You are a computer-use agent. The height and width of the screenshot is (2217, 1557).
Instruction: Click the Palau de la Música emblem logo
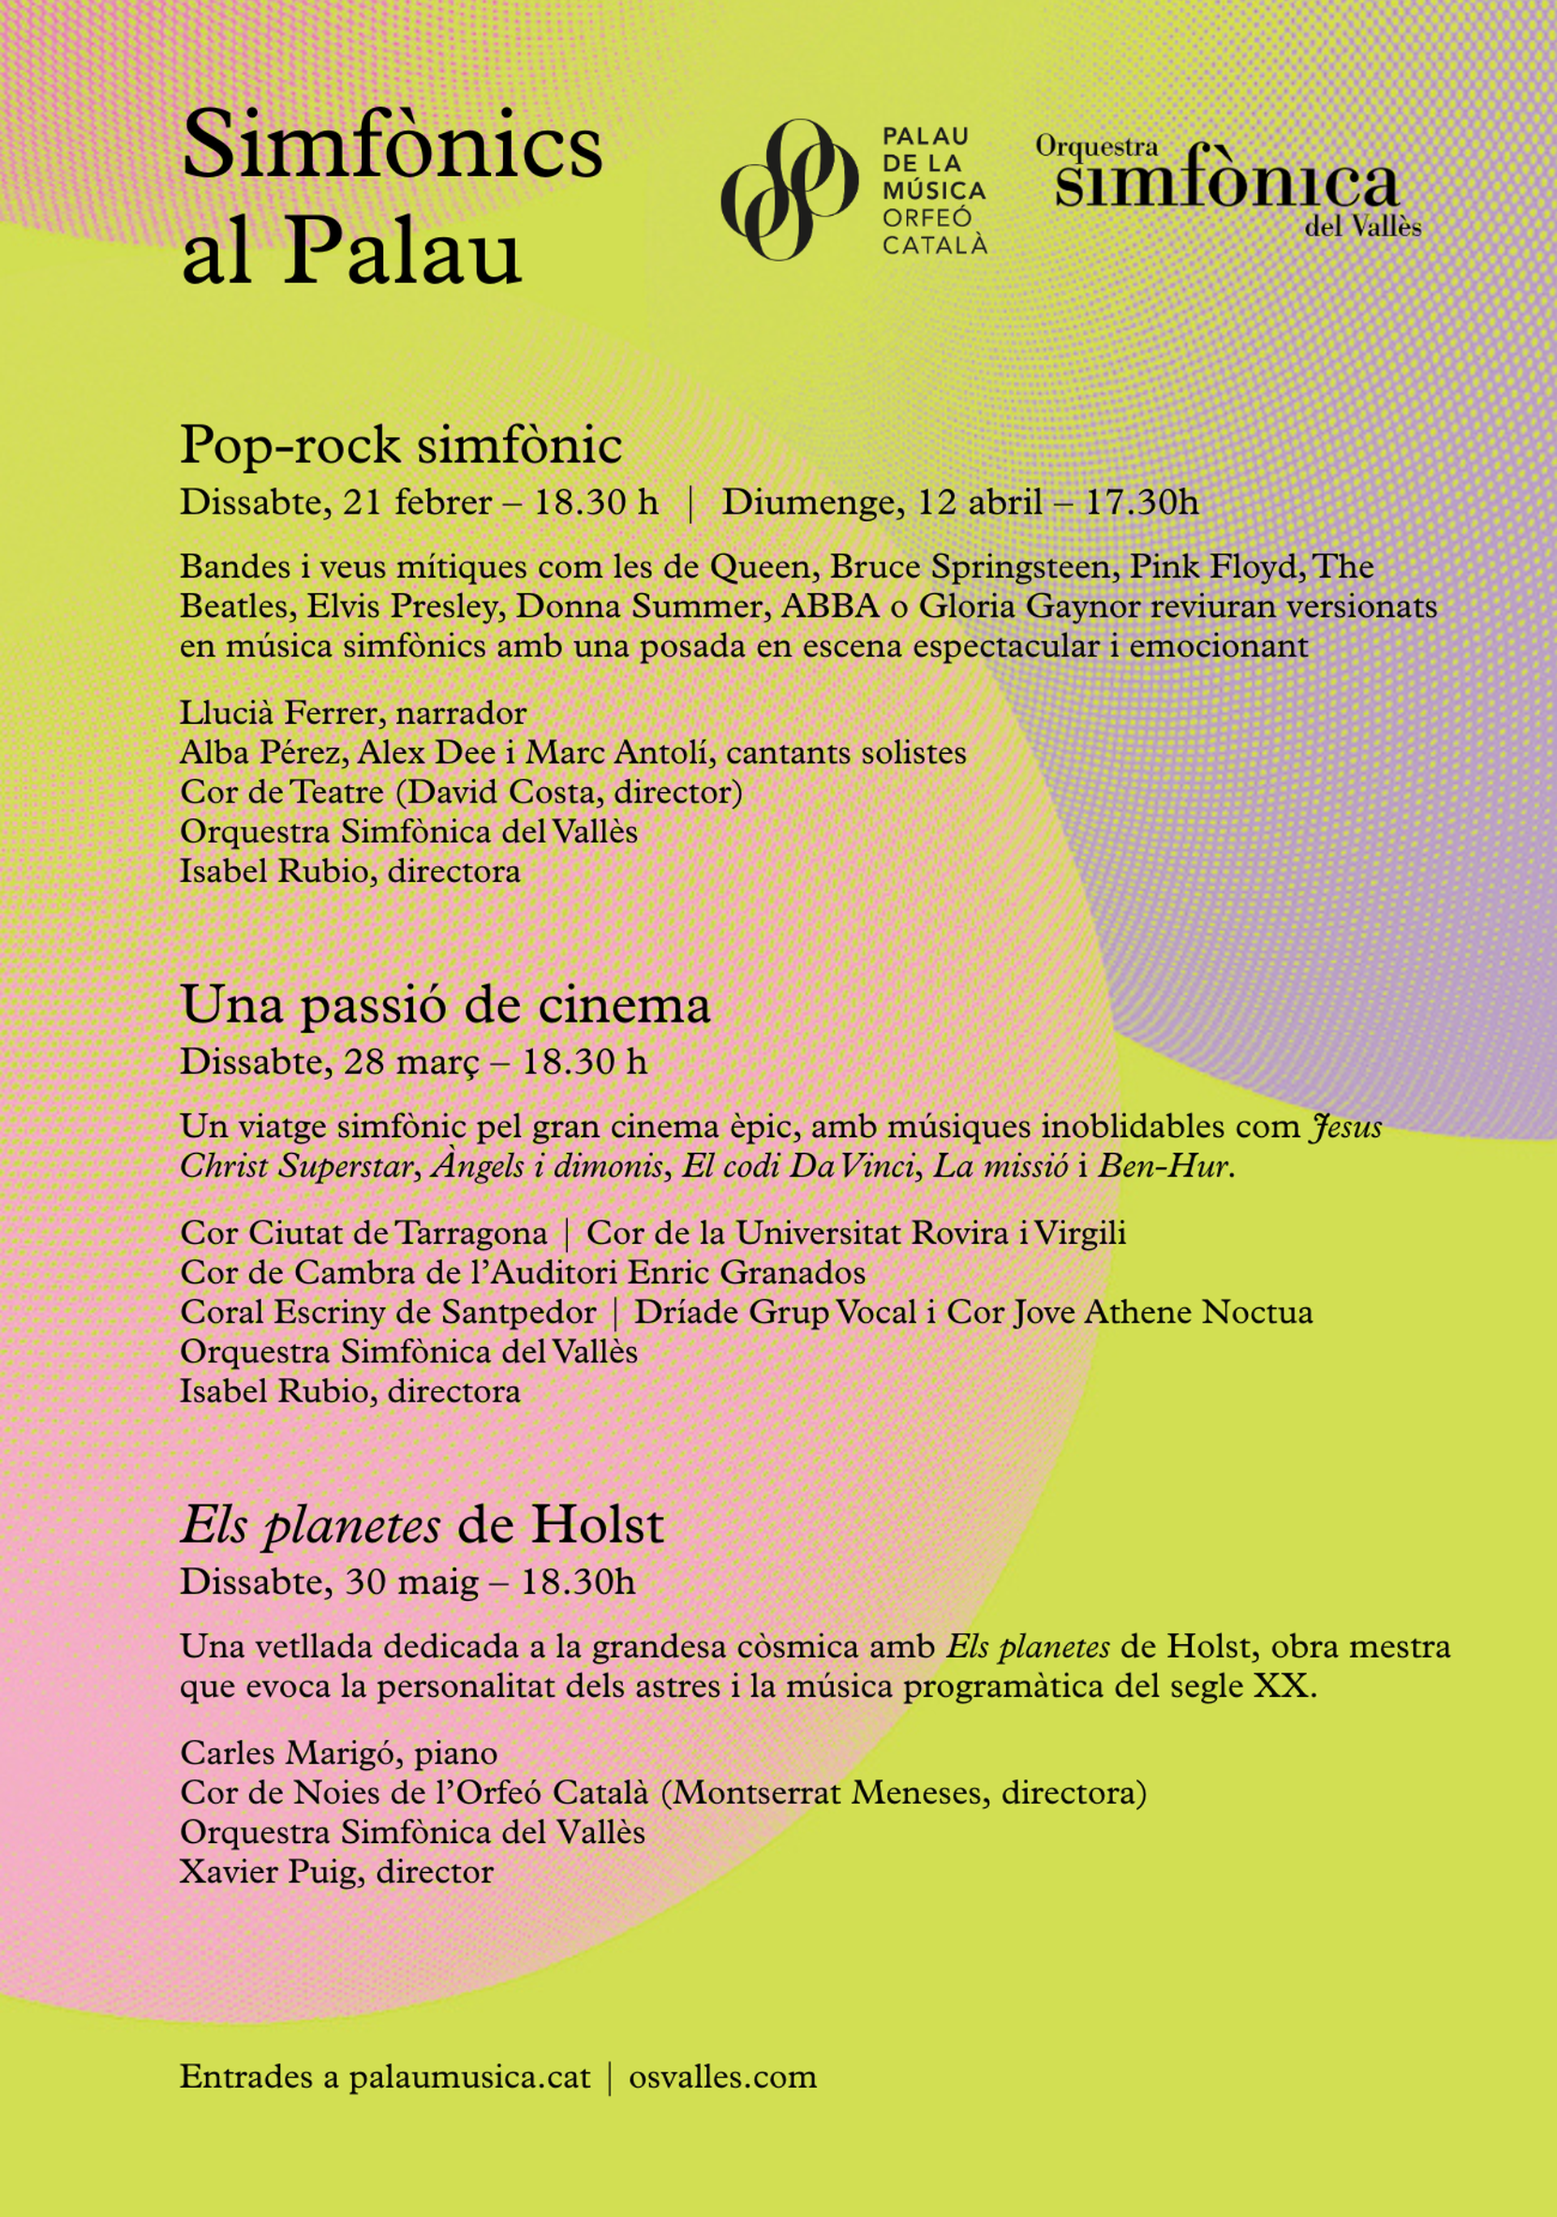[x=789, y=189]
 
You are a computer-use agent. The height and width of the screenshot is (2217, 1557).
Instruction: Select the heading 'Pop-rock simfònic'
[x=401, y=446]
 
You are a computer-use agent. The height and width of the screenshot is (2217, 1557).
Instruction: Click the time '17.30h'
[x=1142, y=502]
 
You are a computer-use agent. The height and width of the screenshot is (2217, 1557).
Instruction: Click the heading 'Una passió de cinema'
[x=445, y=1005]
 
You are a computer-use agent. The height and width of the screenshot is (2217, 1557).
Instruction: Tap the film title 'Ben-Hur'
[x=1164, y=1166]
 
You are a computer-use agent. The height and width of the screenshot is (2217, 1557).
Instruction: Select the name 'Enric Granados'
[x=746, y=1272]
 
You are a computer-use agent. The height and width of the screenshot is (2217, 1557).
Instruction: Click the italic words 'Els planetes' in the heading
[x=310, y=1526]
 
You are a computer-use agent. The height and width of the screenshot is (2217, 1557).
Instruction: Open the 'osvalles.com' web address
[x=722, y=2076]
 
